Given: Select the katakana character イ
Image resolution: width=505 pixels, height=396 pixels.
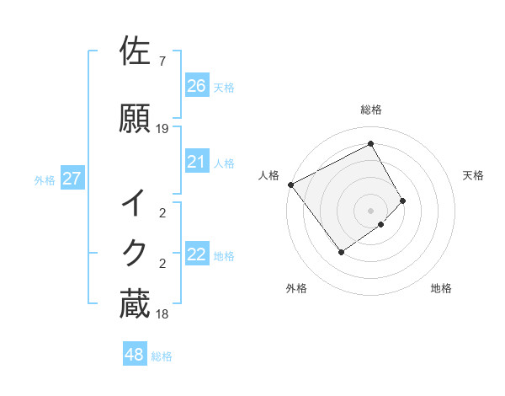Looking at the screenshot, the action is [135, 205].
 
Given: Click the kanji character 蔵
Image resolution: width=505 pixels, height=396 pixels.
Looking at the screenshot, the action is [135, 303].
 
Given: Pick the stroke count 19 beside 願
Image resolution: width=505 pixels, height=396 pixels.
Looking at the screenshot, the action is [162, 129].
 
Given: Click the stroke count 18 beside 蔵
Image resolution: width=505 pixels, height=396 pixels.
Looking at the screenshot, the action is [162, 314].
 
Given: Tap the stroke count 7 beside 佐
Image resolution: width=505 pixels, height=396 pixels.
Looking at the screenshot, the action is [162, 62].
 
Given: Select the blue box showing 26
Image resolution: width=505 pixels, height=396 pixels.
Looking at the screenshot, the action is [197, 86].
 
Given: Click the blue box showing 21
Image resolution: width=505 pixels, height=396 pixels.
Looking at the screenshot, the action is [197, 162].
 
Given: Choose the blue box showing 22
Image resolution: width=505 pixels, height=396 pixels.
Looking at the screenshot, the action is [197, 254].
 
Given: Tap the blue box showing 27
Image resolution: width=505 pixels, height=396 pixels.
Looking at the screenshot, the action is [72, 179].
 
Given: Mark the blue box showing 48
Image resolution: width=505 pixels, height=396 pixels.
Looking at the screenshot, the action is [135, 355].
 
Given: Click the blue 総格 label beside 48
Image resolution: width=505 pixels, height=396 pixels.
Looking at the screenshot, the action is [162, 356].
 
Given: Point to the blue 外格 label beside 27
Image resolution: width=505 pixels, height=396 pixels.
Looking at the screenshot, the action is [45, 179].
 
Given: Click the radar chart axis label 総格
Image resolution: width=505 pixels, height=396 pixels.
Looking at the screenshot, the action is [371, 110].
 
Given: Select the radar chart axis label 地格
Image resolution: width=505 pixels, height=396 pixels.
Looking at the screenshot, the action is [441, 288].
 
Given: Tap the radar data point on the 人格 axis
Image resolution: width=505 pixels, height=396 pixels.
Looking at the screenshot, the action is [290, 185].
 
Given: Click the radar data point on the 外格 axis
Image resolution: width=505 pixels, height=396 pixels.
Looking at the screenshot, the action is [341, 252].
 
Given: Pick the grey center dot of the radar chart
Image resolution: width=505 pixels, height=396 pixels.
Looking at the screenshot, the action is [370, 209].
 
